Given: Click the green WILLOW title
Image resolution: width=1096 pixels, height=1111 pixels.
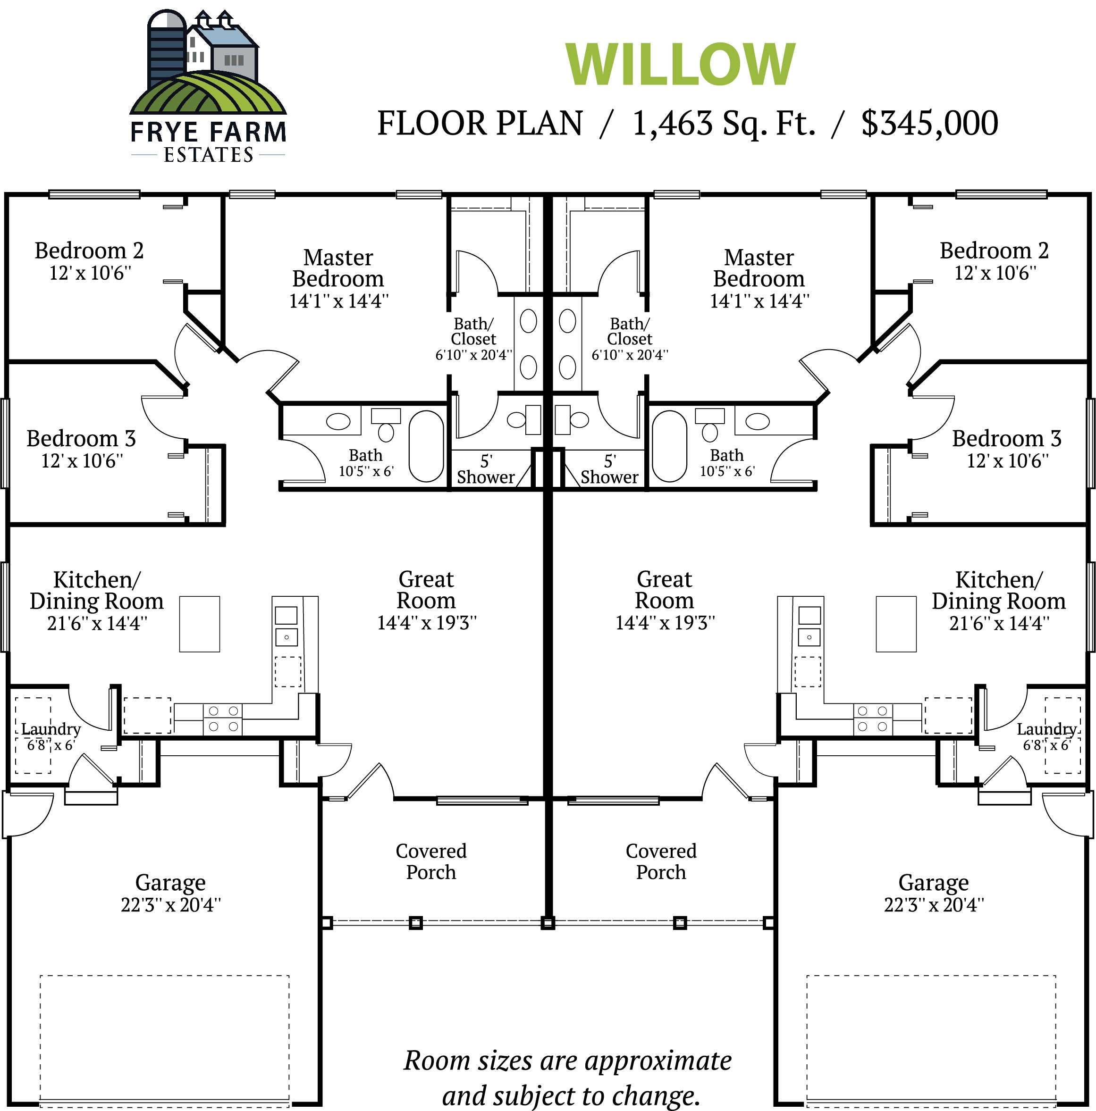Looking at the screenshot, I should click(x=680, y=65).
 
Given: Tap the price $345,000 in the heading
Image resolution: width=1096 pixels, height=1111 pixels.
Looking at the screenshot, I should click(x=929, y=123).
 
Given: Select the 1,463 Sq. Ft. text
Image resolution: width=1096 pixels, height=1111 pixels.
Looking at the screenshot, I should click(x=724, y=123).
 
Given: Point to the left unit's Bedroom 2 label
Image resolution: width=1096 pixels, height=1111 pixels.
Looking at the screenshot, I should click(x=89, y=251).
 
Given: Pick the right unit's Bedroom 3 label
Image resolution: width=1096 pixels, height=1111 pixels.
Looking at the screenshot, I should click(x=1006, y=439).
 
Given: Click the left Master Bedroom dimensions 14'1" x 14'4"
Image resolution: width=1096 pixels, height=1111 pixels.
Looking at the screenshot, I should click(x=339, y=301).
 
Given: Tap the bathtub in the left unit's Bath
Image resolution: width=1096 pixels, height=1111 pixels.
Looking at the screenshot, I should click(x=426, y=446).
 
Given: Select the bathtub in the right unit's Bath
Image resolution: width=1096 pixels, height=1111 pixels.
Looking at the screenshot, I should click(x=670, y=446).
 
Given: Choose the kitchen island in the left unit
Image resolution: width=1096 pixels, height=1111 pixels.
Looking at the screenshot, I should click(x=200, y=624).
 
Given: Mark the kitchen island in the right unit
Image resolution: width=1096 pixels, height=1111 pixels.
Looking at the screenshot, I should click(x=896, y=624).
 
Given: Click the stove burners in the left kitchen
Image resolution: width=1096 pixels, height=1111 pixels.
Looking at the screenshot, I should click(x=223, y=719).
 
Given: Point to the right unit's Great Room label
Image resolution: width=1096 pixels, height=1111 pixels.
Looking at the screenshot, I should click(x=665, y=590).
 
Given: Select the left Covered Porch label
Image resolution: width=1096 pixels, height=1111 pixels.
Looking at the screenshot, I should click(x=431, y=861).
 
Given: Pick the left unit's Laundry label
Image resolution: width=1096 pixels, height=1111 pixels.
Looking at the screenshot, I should click(x=51, y=729).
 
